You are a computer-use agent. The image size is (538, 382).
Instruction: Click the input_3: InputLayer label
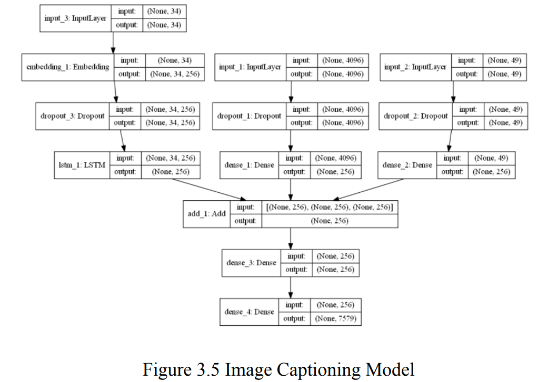coord(75,18)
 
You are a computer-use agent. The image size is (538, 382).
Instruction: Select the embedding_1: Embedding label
coord(68,67)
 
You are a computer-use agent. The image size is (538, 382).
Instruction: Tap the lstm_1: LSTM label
coord(82,164)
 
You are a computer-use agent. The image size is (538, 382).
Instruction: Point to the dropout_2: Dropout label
coord(416,116)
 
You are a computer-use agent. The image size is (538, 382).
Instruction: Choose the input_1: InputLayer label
coord(250,67)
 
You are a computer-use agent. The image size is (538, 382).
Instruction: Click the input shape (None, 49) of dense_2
coord(492,158)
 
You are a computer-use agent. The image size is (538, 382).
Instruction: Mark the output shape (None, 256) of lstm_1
coord(170,171)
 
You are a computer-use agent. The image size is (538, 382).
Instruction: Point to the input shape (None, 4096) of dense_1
coord(335,158)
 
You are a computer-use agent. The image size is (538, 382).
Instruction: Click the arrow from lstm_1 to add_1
coord(211,189)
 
